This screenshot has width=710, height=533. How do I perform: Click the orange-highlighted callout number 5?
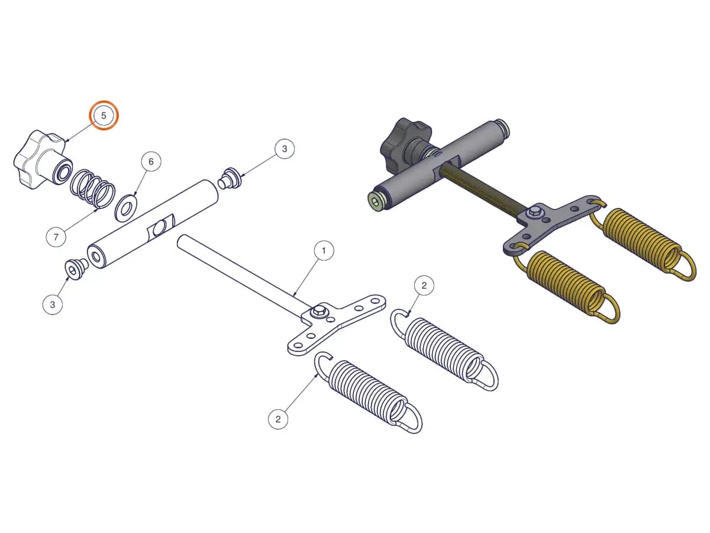coord(104,115)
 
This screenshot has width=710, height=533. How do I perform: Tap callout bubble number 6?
coord(151,162)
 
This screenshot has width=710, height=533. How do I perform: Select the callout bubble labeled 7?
coord(56,237)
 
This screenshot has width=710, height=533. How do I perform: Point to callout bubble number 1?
coord(324,250)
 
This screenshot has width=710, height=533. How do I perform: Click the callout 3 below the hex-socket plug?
coord(53,304)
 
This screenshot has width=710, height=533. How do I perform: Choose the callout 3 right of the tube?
coord(285,149)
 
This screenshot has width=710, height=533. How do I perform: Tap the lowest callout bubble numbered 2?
coord(278,419)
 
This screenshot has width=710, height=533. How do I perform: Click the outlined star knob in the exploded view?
coord(43,160)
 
